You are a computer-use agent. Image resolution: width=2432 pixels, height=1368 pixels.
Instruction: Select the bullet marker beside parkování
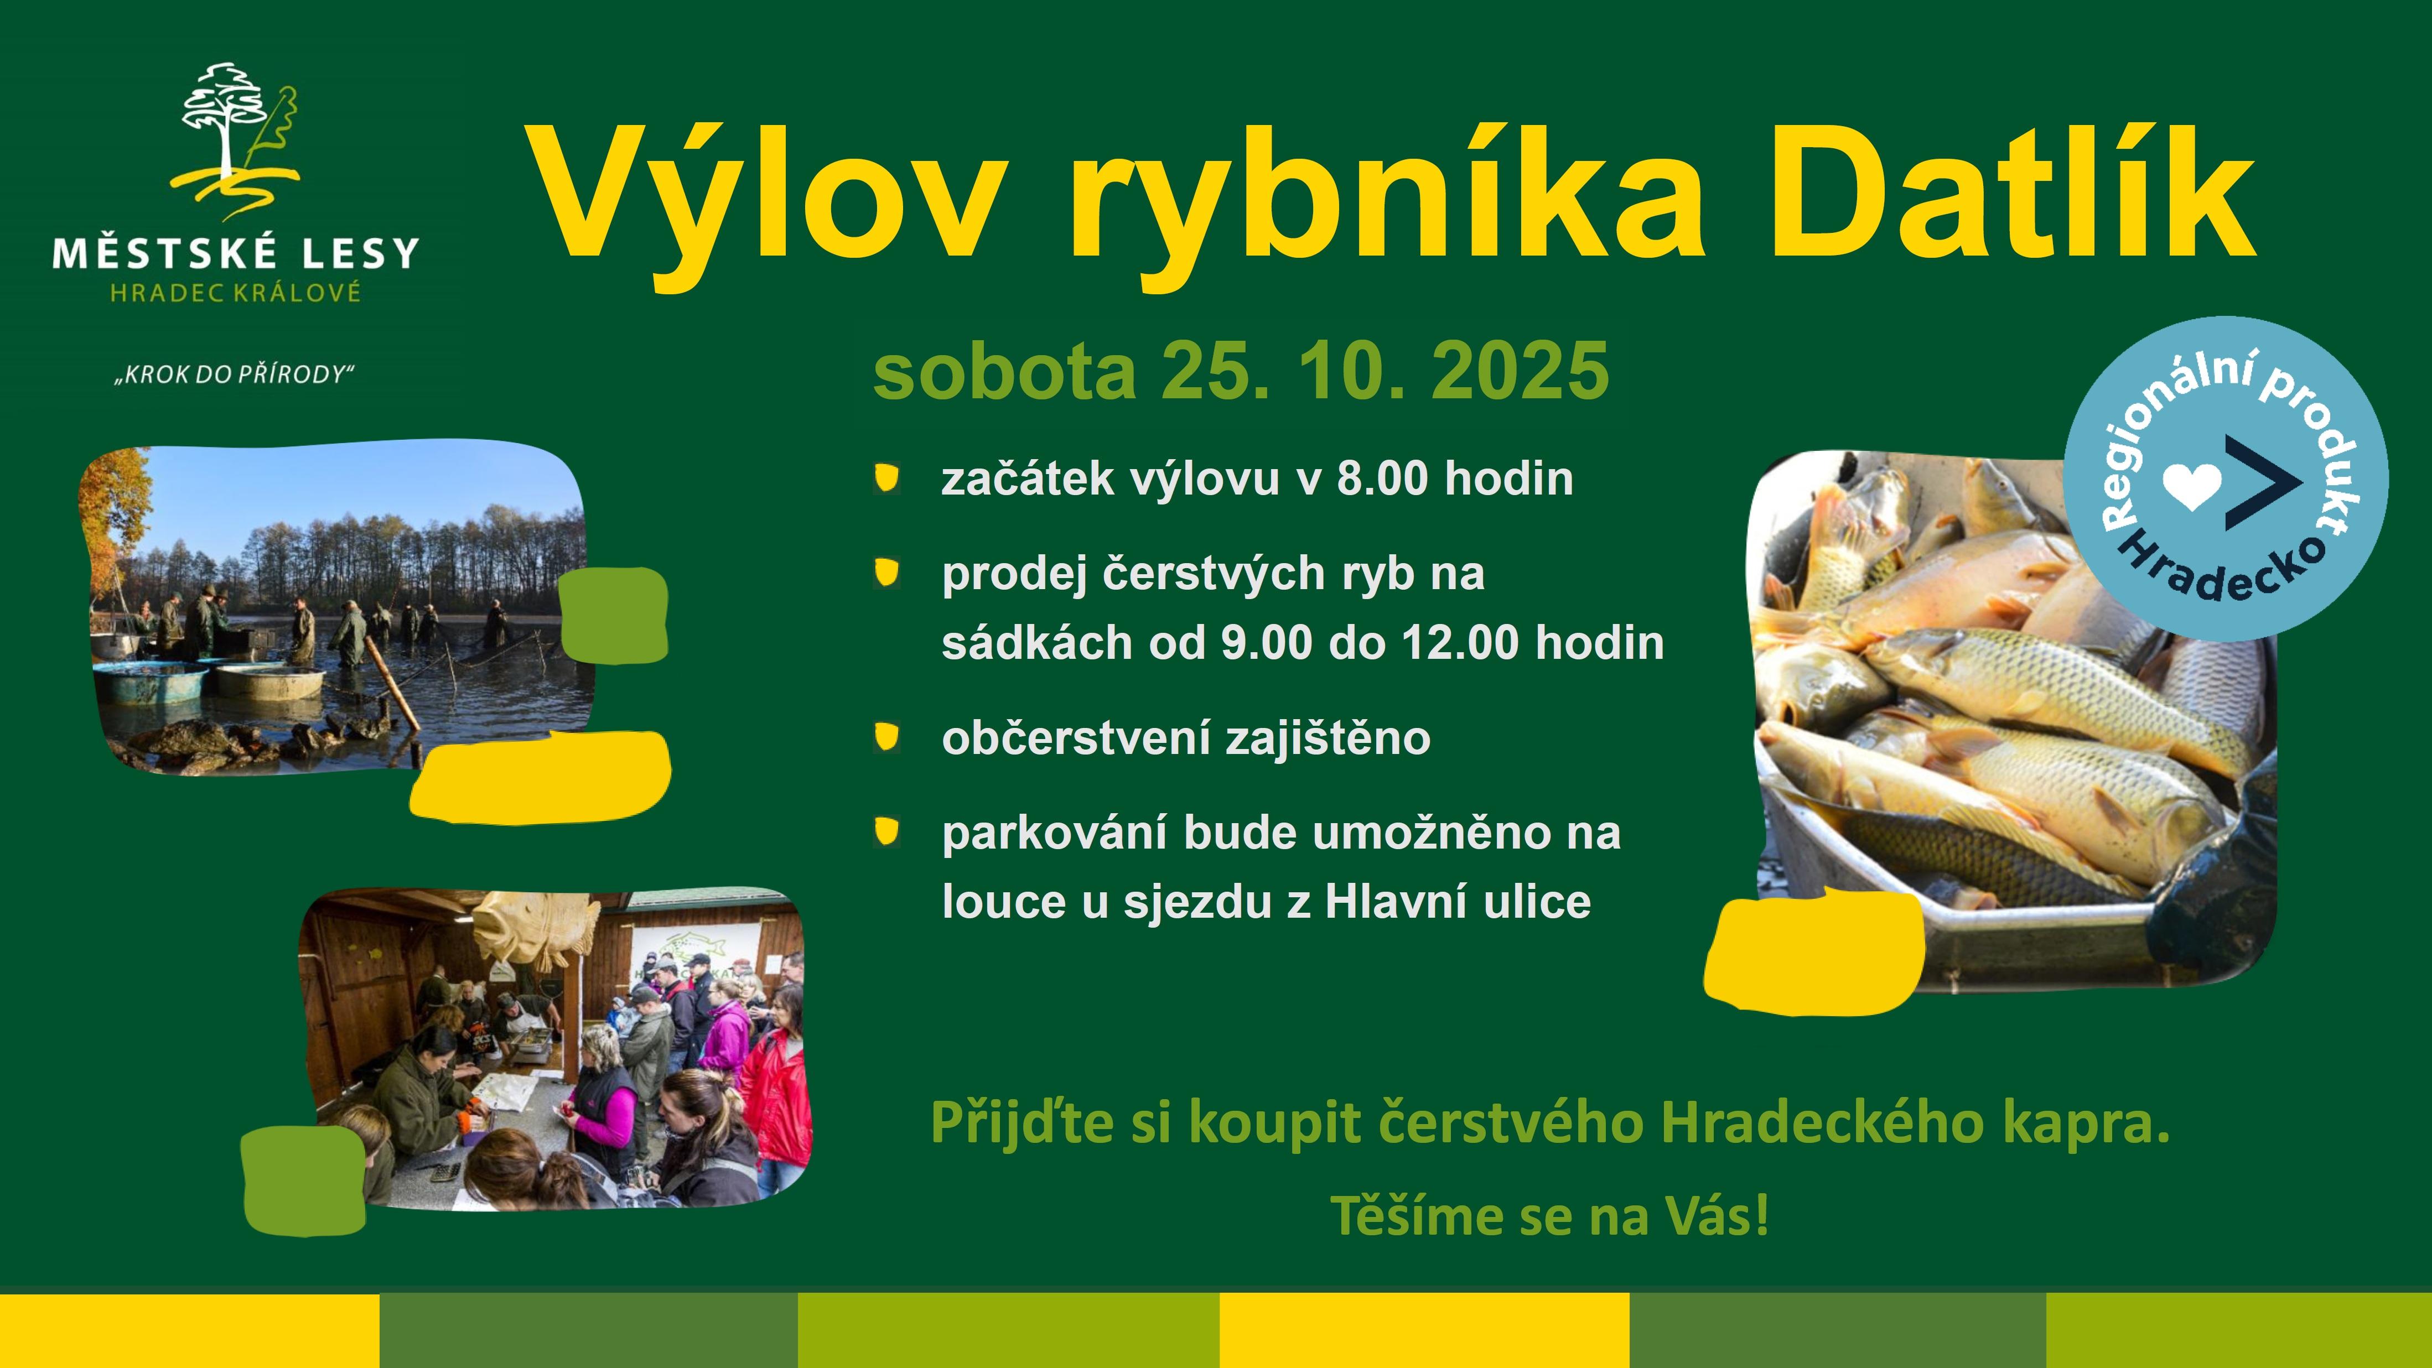click(886, 832)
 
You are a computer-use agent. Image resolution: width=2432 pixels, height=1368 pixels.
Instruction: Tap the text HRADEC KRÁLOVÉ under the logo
click(236, 293)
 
